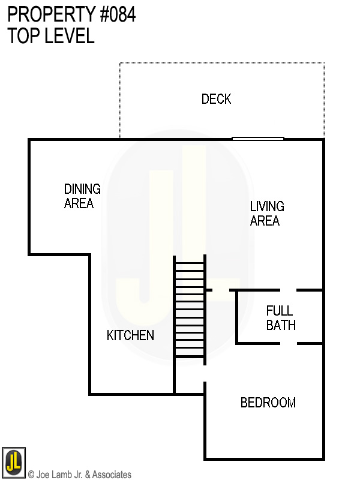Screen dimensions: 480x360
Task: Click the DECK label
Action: (x=216, y=99)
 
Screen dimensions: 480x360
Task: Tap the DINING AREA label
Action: (x=82, y=196)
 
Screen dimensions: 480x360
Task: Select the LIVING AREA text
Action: (x=266, y=214)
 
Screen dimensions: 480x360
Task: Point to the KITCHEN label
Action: (x=130, y=335)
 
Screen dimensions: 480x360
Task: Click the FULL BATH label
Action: (x=280, y=318)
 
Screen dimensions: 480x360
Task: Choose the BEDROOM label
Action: (x=268, y=403)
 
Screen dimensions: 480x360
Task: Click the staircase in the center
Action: (x=190, y=307)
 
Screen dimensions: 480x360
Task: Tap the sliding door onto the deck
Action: (x=257, y=139)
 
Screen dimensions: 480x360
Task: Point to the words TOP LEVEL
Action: (x=51, y=36)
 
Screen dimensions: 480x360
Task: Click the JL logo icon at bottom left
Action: (x=13, y=461)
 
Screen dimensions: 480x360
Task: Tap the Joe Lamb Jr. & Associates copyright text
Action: (x=80, y=475)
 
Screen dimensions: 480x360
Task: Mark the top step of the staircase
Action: (x=190, y=260)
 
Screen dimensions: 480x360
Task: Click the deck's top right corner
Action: (x=324, y=63)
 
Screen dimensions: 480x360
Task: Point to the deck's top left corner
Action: (x=120, y=63)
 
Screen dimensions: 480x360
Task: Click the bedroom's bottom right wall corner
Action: (x=323, y=459)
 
